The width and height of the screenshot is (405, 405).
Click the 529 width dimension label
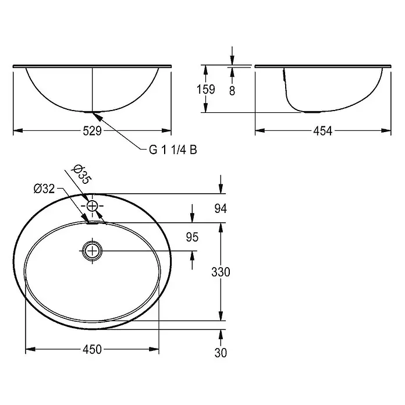pos(92,131)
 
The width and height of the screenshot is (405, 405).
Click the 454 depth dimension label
pos(322,131)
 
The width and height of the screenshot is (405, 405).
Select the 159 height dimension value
pos(206,90)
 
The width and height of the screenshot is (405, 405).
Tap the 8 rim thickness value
pos(232,91)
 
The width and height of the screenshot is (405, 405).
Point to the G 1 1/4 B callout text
pos(173,150)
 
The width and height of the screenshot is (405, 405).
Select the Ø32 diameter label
pos(44,189)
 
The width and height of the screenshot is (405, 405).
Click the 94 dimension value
pos(221,209)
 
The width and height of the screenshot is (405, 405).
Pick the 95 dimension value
pos(192,237)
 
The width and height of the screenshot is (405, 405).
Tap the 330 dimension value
pos(221,272)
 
